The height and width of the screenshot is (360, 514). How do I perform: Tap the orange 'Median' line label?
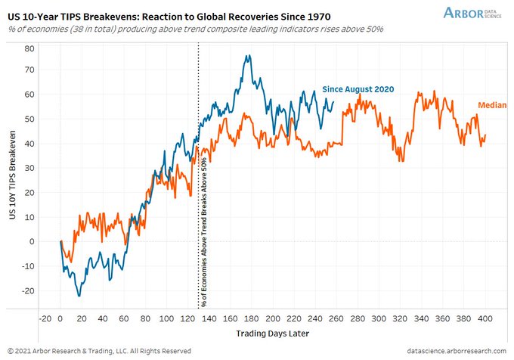coord(492,104)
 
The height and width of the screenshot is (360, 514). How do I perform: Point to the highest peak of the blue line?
coord(248,55)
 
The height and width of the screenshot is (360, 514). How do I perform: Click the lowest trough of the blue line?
coord(80,295)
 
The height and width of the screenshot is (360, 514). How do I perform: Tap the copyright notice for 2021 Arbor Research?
coord(98,350)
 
